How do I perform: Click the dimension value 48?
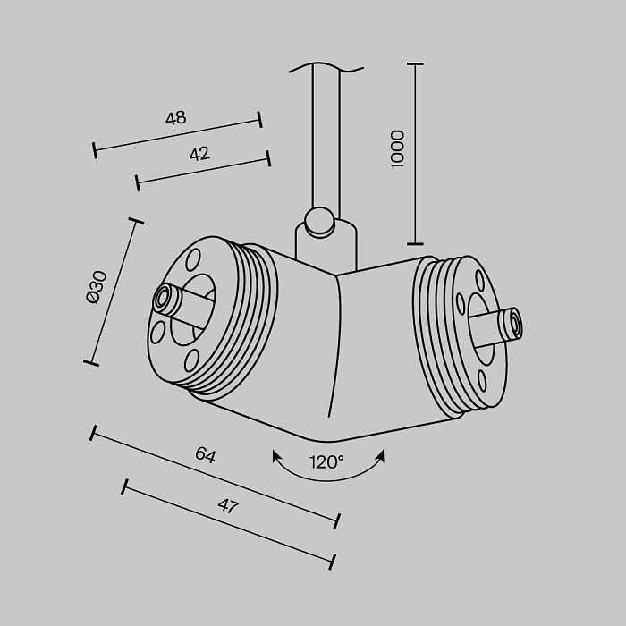[175, 118]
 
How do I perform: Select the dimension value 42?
[199, 154]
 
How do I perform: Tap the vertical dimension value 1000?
[398, 148]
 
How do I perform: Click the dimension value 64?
[206, 454]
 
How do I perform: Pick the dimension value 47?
[228, 506]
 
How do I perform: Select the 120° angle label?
[327, 462]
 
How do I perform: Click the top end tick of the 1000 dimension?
[415, 65]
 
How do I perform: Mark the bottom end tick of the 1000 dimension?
[415, 242]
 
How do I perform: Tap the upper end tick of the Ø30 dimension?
[136, 220]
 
